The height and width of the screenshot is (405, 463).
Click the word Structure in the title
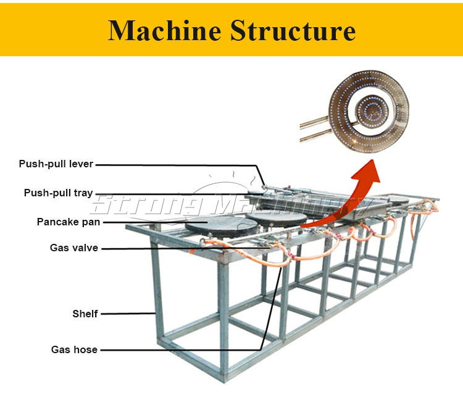tap(293, 30)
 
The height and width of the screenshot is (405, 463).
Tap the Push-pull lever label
tap(56, 164)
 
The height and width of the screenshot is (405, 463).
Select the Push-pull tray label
tap(58, 193)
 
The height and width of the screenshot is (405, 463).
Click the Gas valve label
tap(73, 248)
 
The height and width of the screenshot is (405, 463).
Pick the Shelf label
tap(85, 314)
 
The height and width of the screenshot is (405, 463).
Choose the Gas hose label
tap(74, 349)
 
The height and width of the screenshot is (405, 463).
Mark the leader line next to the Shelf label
tap(127, 314)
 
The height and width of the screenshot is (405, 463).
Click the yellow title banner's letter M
tap(121, 30)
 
